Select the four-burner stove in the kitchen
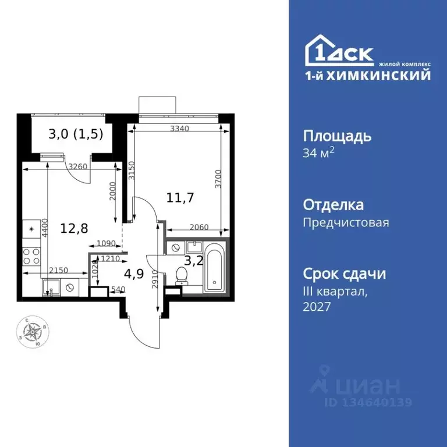click(31, 256)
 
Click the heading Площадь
click(337, 137)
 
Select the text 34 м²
click(320, 154)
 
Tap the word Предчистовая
click(346, 222)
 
